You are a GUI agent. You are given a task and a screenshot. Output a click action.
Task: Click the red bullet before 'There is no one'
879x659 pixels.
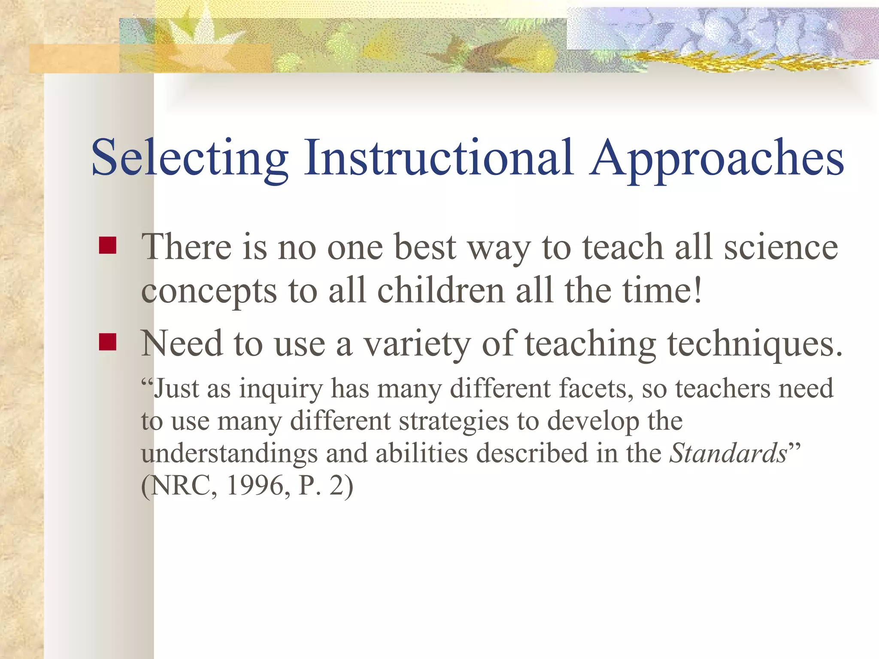107,246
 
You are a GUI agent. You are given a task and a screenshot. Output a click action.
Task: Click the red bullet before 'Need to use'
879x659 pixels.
107,342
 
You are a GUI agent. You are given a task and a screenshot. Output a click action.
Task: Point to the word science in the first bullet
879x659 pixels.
781,248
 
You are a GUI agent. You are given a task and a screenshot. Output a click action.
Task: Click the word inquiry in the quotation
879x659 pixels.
281,389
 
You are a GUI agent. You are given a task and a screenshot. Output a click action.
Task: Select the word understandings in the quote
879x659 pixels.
229,454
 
